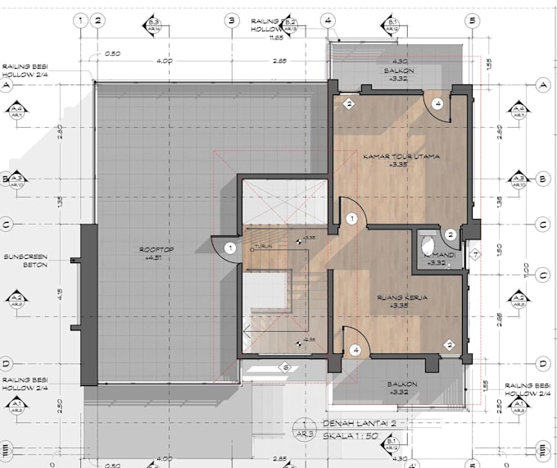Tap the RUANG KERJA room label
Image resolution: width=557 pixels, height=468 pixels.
[399, 297]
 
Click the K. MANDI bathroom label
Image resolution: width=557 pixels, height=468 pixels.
[435, 255]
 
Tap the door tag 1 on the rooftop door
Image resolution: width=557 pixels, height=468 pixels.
[230, 248]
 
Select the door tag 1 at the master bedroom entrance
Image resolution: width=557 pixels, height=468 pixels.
[351, 219]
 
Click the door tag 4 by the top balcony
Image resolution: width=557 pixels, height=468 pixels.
[437, 104]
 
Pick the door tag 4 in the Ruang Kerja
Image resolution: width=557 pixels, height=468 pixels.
[355, 350]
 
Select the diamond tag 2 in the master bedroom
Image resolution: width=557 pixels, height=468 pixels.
[348, 104]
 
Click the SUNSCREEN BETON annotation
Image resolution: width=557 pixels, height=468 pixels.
[25, 260]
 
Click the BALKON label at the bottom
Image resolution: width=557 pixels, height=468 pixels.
[402, 384]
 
